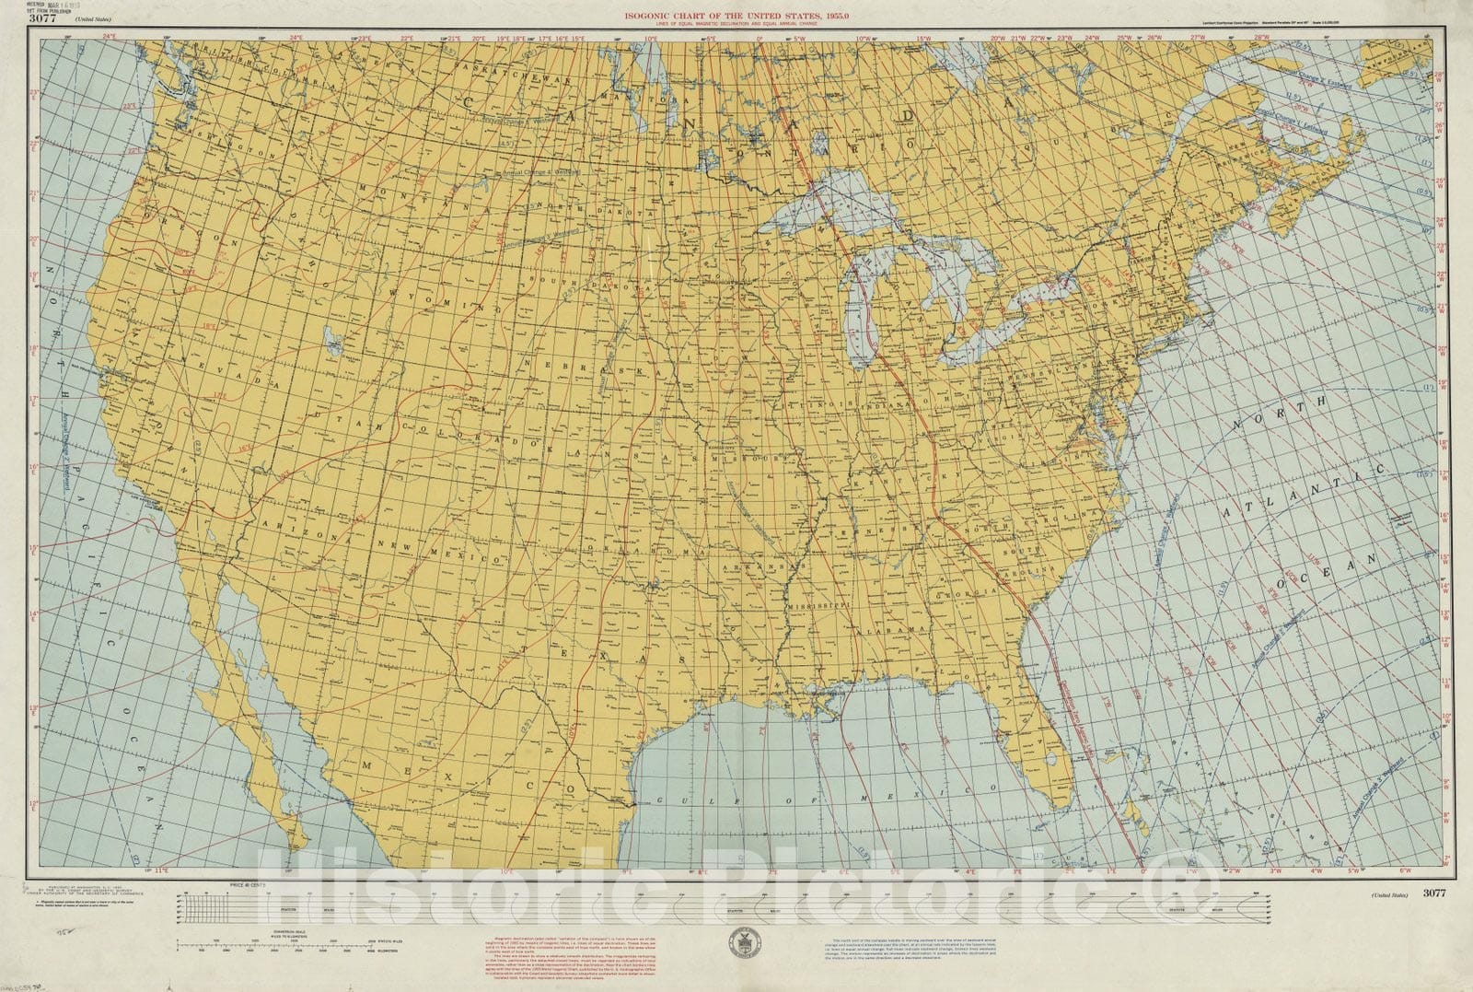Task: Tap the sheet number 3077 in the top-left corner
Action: [42, 19]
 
